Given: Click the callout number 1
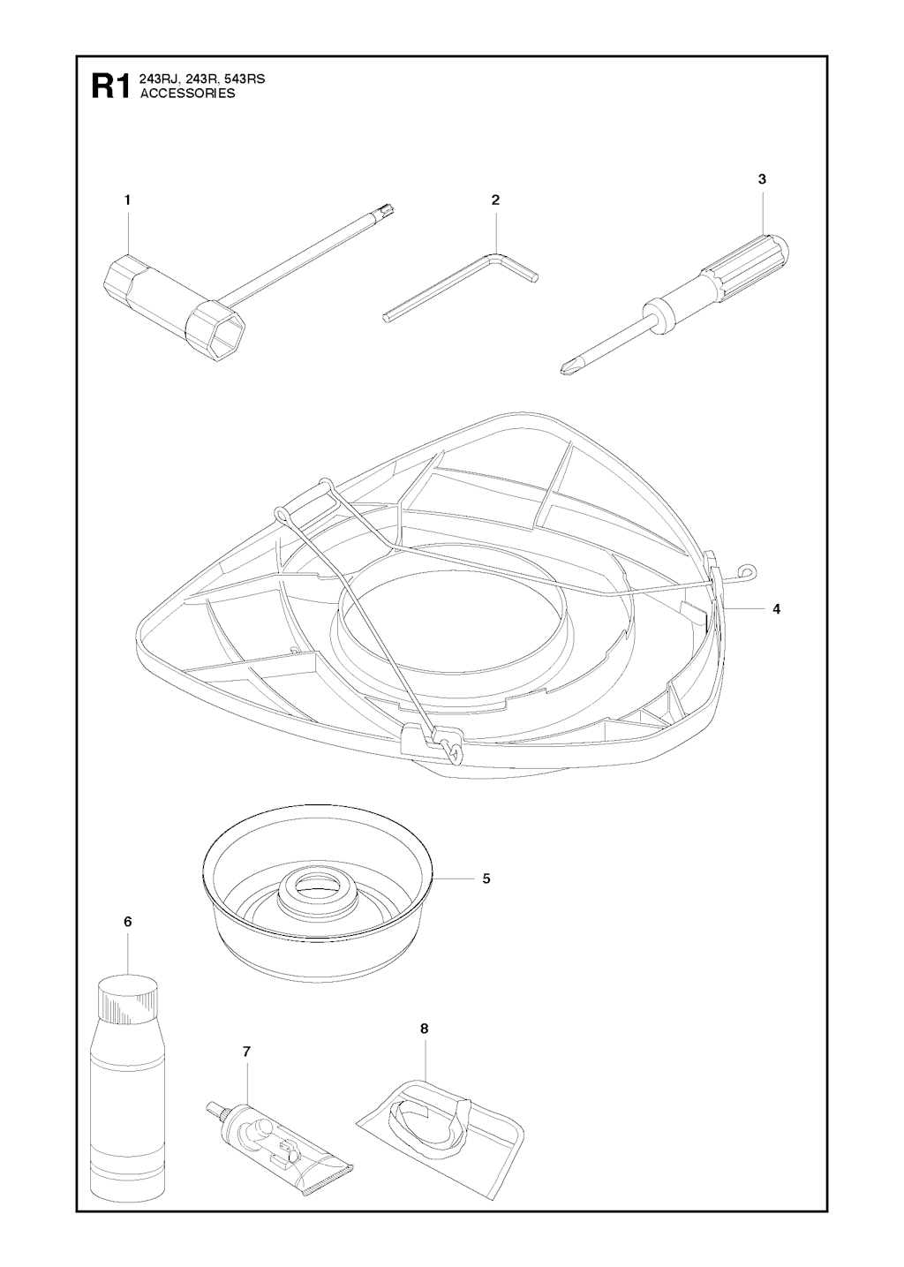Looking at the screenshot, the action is pos(127,200).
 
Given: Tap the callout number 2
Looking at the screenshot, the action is pos(495,200).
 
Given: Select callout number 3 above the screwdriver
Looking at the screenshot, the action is pos(762,179).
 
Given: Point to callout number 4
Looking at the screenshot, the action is pos(776,608).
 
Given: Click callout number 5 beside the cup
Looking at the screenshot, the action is pos(486,879).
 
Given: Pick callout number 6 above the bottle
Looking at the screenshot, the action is pos(127,921).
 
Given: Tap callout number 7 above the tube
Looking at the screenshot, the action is pos(246,1052).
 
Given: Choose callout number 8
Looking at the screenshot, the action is pos(424,1029).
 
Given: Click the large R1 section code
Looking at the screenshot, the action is pos(111,86).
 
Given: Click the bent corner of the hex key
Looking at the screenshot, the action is pos(497,259).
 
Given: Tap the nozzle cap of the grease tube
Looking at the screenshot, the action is pos(213,1105).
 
